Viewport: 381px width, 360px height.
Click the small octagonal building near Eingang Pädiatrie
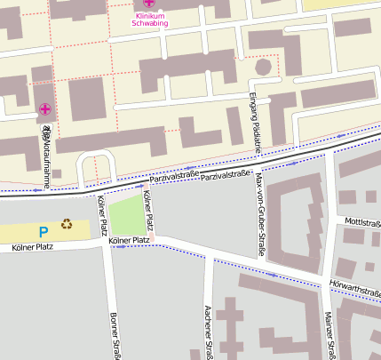[x=262, y=68]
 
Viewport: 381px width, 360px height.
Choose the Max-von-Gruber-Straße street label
[x=260, y=212]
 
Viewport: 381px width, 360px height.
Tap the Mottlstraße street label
[x=362, y=221]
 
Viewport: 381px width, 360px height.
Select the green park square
[x=130, y=213]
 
